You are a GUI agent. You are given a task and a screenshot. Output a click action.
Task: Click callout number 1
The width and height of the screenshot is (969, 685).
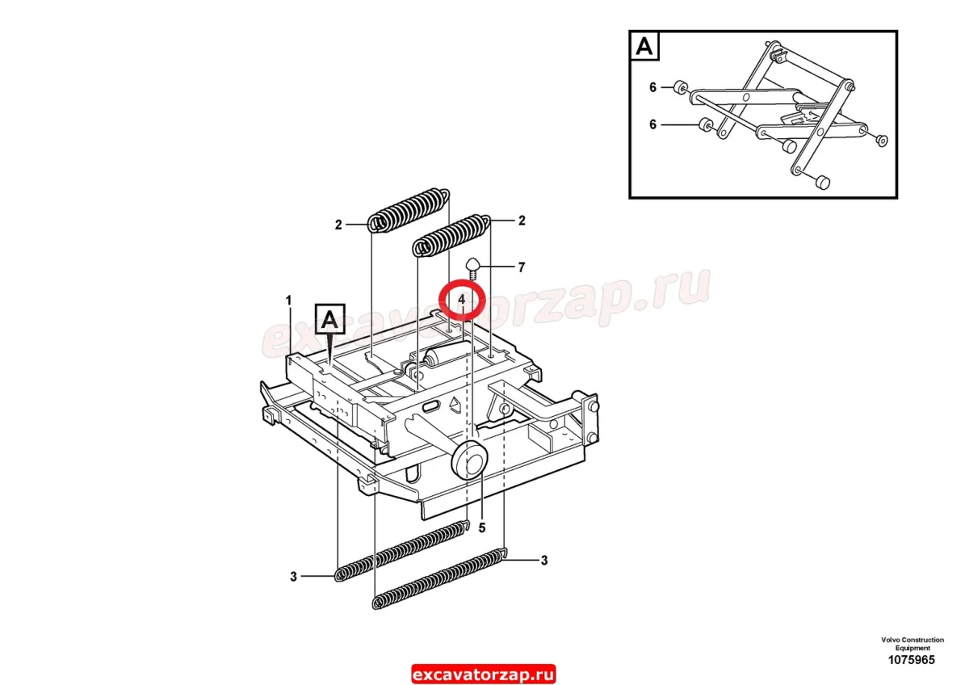pyautogui.click(x=289, y=300)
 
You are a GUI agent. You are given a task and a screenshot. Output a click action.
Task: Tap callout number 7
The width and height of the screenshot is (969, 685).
pyautogui.click(x=522, y=267)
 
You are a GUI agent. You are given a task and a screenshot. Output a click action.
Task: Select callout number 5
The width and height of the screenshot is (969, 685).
pyautogui.click(x=482, y=527)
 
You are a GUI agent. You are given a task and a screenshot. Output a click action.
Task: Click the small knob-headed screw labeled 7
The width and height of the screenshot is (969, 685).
pyautogui.click(x=473, y=268)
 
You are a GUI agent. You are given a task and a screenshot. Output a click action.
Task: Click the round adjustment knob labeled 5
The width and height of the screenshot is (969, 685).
pyautogui.click(x=470, y=460)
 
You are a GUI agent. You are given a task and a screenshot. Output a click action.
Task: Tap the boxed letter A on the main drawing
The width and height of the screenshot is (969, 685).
pyautogui.click(x=330, y=319)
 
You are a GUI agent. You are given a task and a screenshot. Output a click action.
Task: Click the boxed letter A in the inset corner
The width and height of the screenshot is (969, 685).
pyautogui.click(x=644, y=46)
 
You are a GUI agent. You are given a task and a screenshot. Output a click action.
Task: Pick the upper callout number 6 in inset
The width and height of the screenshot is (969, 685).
pyautogui.click(x=652, y=87)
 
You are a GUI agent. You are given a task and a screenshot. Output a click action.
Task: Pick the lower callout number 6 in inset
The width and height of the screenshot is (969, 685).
pyautogui.click(x=652, y=124)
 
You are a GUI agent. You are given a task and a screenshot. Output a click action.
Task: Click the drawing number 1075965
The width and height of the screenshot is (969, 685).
pyautogui.click(x=912, y=659)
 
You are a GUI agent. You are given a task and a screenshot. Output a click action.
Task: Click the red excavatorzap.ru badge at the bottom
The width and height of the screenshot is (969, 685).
pyautogui.click(x=483, y=674)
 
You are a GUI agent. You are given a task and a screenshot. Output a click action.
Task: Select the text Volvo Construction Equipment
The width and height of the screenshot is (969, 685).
pyautogui.click(x=912, y=644)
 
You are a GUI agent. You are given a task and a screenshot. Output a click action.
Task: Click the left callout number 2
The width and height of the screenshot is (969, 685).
pyautogui.click(x=338, y=225)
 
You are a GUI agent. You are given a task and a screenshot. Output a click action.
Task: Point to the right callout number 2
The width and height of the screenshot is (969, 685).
pyautogui.click(x=522, y=221)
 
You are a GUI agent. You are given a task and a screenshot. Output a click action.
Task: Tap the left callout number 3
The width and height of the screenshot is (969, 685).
pyautogui.click(x=293, y=577)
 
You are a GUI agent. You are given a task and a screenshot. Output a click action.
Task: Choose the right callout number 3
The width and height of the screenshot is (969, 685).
pyautogui.click(x=544, y=561)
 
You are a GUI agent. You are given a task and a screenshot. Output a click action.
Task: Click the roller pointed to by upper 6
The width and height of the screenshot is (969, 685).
pyautogui.click(x=680, y=86)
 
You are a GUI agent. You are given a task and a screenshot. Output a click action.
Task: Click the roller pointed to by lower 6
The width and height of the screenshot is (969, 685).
pyautogui.click(x=706, y=124)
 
